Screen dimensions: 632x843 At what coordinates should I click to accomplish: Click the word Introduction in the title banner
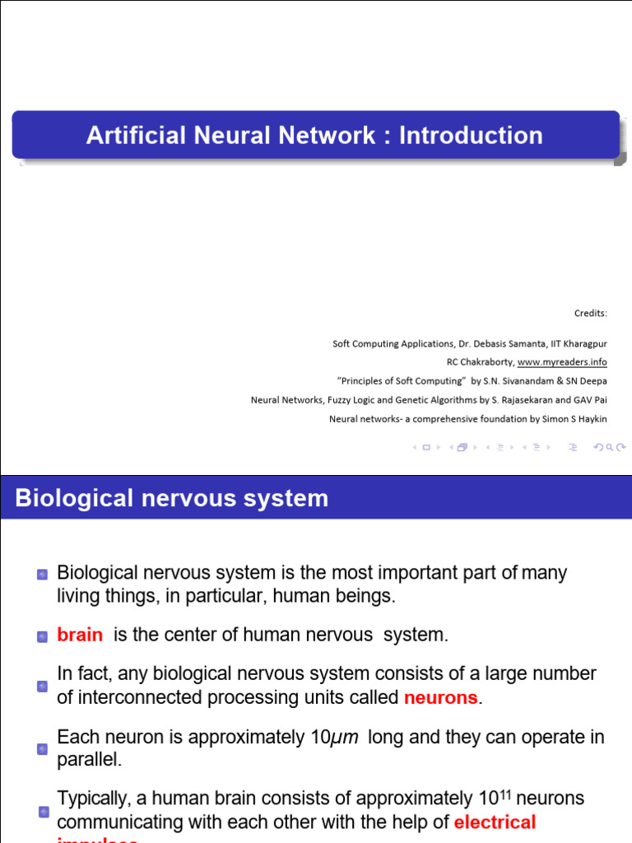(471, 135)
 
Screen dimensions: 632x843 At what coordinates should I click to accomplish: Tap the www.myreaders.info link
(562, 362)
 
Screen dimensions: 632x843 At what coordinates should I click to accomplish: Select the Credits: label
(590, 313)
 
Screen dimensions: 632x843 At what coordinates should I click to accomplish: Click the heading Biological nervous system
(171, 498)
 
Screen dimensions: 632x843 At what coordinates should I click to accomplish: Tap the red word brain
(80, 635)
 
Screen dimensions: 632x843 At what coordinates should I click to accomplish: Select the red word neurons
(440, 698)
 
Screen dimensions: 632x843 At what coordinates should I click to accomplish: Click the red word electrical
(495, 822)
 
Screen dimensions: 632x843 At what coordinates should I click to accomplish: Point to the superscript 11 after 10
(505, 794)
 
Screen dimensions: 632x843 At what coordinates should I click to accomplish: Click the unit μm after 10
(345, 738)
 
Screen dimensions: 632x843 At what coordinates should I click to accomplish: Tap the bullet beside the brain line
(42, 636)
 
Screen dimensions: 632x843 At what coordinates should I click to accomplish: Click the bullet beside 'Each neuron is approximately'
(42, 749)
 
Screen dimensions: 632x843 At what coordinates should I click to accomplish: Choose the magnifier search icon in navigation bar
(609, 448)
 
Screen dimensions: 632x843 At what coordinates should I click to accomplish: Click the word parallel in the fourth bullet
(89, 760)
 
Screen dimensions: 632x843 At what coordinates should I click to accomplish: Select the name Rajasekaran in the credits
(513, 400)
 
